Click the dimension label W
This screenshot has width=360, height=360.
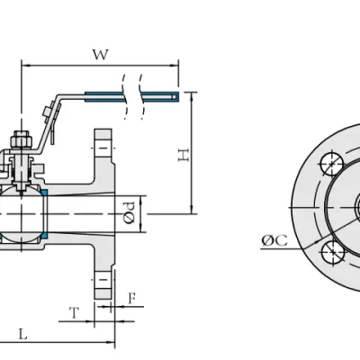(x=100, y=55)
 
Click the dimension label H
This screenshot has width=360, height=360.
(x=184, y=155)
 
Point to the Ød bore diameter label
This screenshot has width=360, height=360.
(x=130, y=212)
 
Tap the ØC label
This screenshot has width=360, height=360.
(x=274, y=240)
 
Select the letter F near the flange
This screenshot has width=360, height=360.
(x=132, y=299)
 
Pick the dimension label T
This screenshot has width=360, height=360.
(x=74, y=313)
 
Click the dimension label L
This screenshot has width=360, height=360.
(x=23, y=334)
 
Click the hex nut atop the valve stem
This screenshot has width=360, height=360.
(x=22, y=140)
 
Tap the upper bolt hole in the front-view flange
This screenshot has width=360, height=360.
(x=331, y=164)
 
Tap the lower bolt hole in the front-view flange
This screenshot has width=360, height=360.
(x=333, y=252)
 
